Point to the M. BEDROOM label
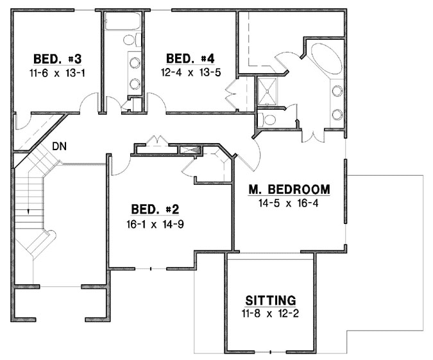pos(289,190)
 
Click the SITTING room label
pos(271,300)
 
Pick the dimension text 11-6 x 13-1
pos(58,73)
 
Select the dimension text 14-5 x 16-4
pos(289,203)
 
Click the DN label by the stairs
pos(60,146)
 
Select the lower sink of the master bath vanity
pos(337,114)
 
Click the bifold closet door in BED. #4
pos(232,97)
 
